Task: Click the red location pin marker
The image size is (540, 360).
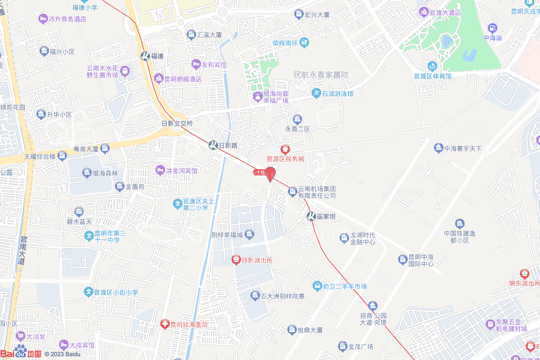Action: click(271, 173)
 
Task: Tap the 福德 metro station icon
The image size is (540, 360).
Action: click(145, 56)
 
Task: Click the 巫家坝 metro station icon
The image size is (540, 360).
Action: click(312, 216)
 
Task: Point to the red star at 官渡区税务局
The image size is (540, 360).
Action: click(285, 150)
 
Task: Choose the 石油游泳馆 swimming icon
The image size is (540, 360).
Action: click(316, 94)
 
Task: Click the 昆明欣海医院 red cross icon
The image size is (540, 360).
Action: click(165, 325)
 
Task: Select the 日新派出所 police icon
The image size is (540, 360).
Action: click(236, 260)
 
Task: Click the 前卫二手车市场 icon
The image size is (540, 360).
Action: click(317, 286)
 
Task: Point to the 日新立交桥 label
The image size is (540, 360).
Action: click(177, 123)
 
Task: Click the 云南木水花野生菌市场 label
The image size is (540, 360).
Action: click(102, 72)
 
